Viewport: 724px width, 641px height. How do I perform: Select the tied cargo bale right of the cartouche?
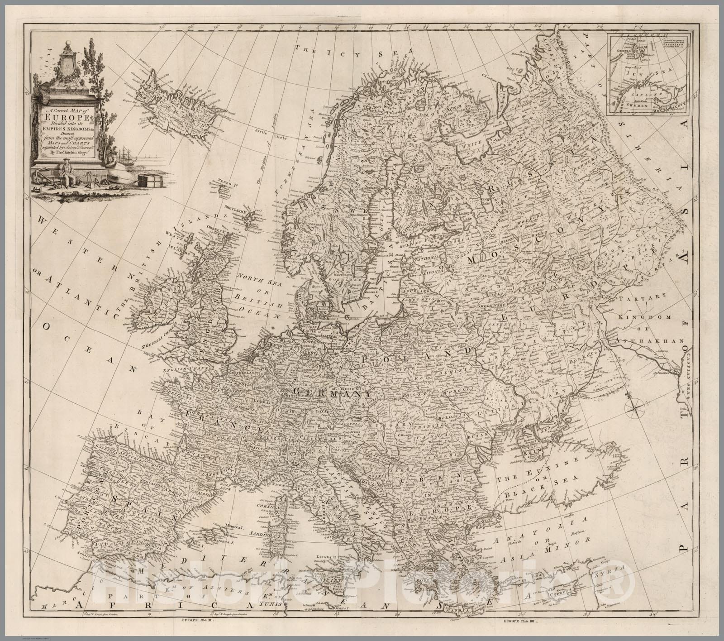tap(148, 180)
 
